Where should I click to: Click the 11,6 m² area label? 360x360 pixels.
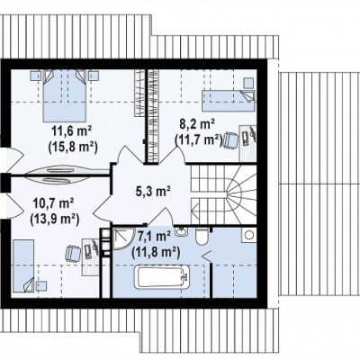pos(71,131)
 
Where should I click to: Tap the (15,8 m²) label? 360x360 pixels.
pos(73,147)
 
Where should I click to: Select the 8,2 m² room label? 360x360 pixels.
pos(196,123)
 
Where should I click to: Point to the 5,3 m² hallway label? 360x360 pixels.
pos(153,192)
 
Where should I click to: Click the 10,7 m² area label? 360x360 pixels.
pos(54,203)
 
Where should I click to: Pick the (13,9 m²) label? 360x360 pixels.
pos(55,220)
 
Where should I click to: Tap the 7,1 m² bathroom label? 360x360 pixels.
pos(155,237)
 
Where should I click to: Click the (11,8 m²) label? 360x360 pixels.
pos(156,252)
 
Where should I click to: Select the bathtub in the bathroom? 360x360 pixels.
pos(162,278)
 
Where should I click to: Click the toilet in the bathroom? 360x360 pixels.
pos(202,237)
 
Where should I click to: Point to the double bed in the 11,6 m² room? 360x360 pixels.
pos(64,95)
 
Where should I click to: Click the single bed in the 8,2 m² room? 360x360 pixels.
pos(229,101)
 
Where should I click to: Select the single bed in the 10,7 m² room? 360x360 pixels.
pos(23,265)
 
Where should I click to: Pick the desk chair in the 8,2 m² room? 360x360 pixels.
pos(230,139)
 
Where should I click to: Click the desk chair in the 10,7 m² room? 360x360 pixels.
pos(74,253)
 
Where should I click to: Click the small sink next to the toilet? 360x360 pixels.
pos(182,232)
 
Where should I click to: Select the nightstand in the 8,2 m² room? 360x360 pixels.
pos(248,83)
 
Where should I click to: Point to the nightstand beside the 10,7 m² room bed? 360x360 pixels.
pos(41,286)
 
